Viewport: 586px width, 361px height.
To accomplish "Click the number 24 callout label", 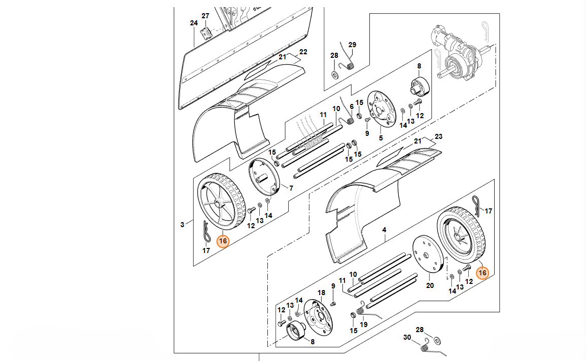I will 193,23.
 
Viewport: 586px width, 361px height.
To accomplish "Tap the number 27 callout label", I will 205,16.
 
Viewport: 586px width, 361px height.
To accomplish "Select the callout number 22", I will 303,52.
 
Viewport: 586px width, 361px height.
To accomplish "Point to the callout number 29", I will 352,45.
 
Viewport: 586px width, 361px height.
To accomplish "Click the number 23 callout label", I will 439,136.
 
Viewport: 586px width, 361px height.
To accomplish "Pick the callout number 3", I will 183,224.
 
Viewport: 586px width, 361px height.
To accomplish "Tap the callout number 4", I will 384,230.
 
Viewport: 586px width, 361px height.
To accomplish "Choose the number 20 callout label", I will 430,285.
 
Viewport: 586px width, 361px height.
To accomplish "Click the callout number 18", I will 321,293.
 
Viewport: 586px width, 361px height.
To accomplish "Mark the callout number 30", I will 407,338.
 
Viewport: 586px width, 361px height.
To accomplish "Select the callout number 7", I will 291,188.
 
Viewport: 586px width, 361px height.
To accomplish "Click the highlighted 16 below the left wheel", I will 223,241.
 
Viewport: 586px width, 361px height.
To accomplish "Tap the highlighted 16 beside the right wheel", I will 482,273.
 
